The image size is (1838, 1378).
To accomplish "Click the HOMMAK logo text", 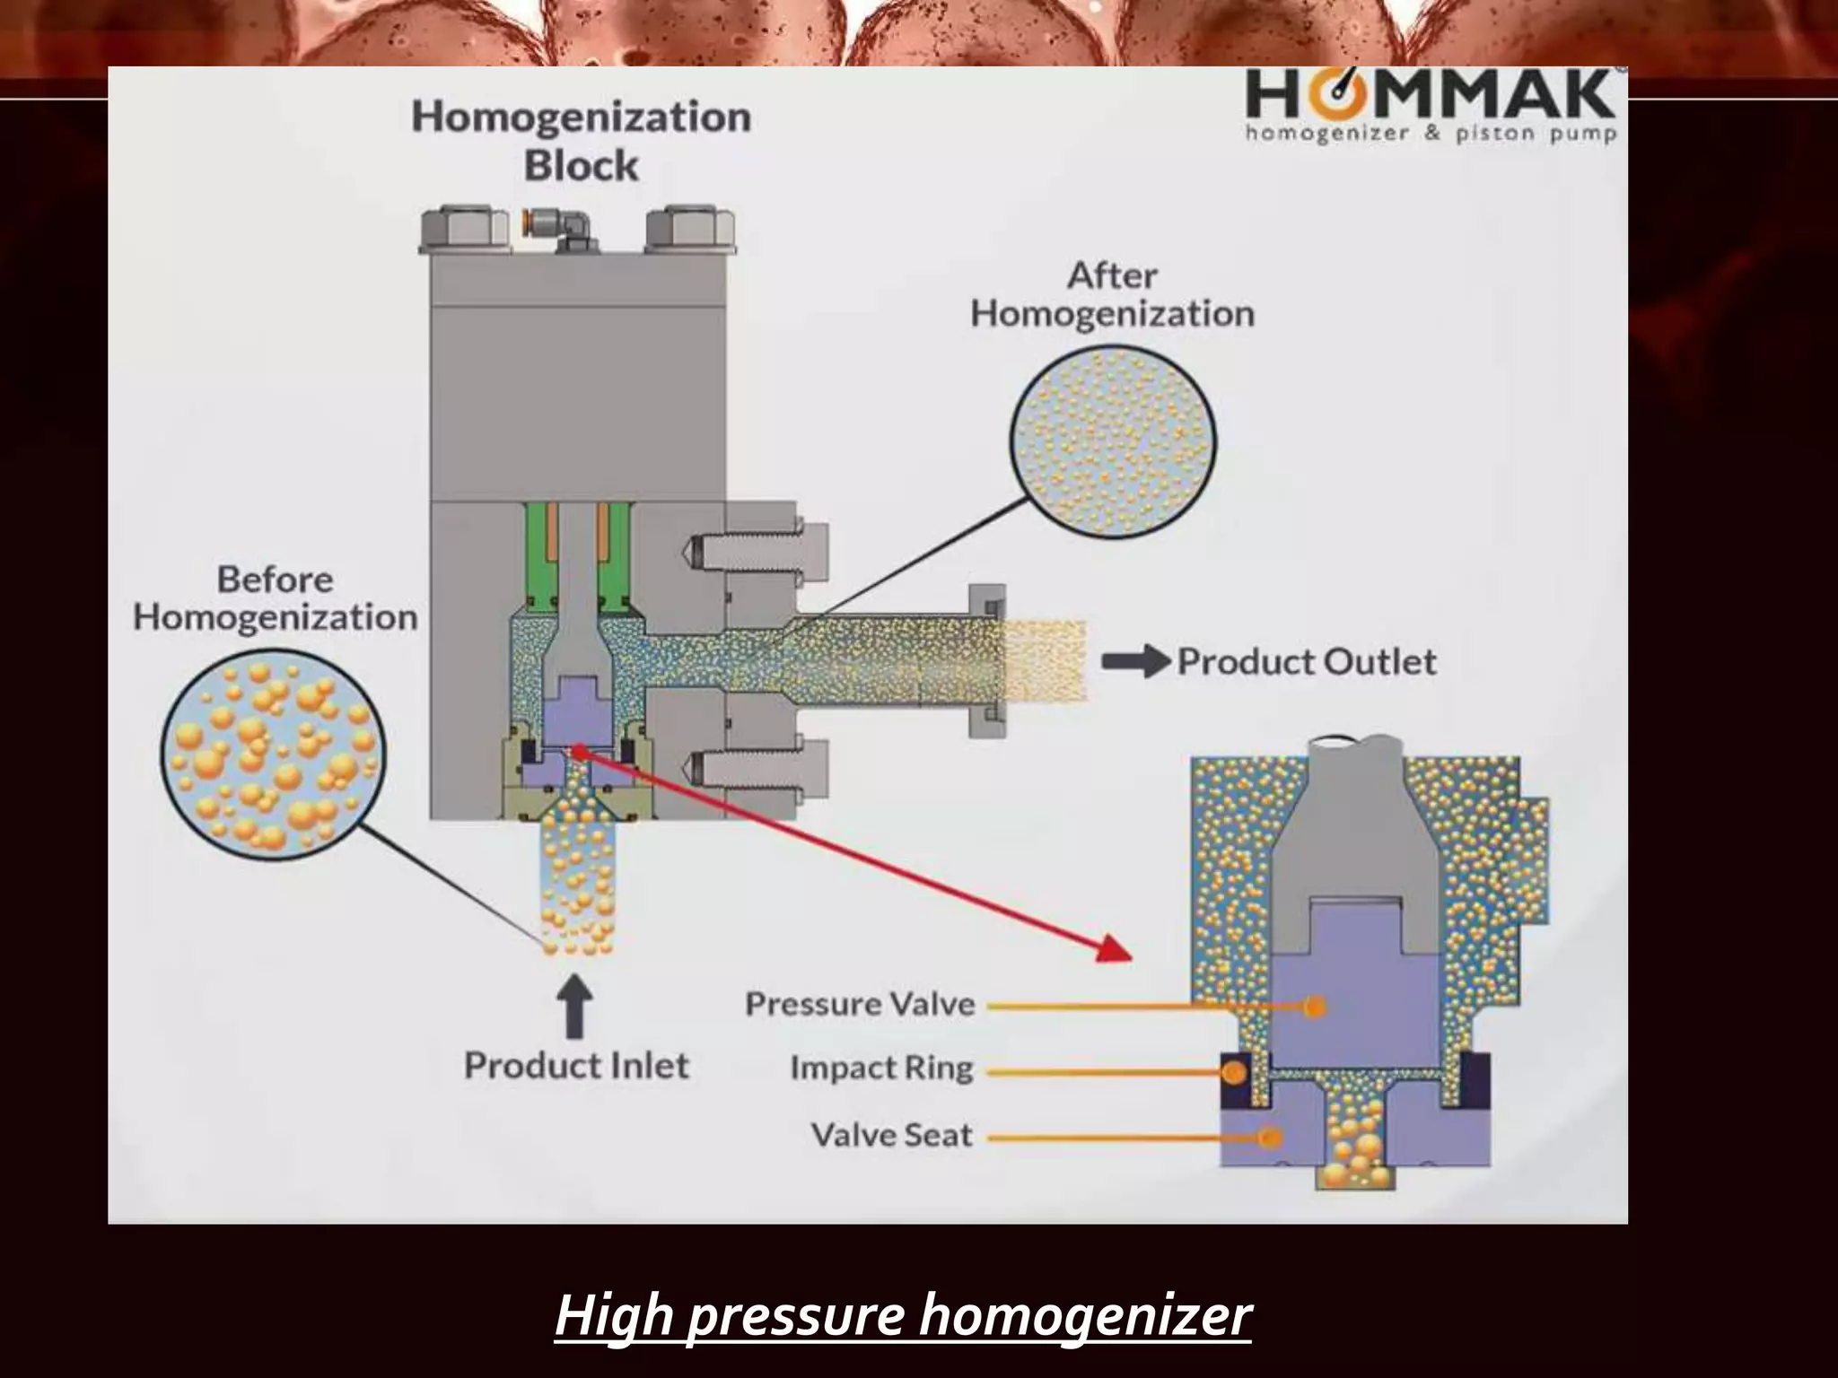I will (x=1431, y=96).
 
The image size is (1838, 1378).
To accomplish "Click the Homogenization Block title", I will (x=581, y=141).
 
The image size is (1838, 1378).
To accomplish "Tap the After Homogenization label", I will (x=1112, y=294).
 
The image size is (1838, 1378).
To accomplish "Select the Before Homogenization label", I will (x=275, y=598).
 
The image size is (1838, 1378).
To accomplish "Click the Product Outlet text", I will (x=1306, y=662).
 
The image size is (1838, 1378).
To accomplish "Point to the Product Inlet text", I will (x=576, y=1066).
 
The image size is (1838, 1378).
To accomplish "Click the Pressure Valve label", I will (x=859, y=1004).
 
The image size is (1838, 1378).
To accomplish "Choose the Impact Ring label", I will (x=881, y=1068).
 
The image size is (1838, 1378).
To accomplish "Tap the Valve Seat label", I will (x=891, y=1136).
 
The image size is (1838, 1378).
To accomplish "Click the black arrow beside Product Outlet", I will (x=1135, y=662).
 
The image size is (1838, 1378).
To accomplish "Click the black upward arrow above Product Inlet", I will (x=574, y=1005).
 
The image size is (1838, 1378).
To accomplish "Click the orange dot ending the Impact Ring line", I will (x=1234, y=1071).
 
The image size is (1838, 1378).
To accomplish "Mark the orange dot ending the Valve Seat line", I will (x=1268, y=1138).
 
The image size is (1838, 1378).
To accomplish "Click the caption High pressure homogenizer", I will (x=902, y=1315).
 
